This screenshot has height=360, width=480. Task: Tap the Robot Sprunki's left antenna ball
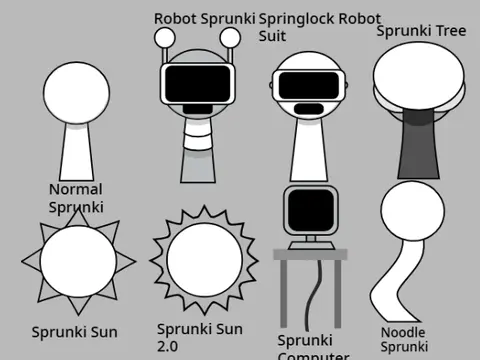[165, 38]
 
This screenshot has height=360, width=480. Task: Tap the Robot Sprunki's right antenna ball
[231, 38]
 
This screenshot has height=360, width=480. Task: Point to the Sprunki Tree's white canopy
[418, 75]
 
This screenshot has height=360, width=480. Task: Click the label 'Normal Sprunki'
[76, 198]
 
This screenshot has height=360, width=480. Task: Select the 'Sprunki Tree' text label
[421, 30]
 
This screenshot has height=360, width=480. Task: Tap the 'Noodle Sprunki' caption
[404, 339]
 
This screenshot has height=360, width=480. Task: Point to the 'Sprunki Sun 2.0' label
[200, 337]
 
